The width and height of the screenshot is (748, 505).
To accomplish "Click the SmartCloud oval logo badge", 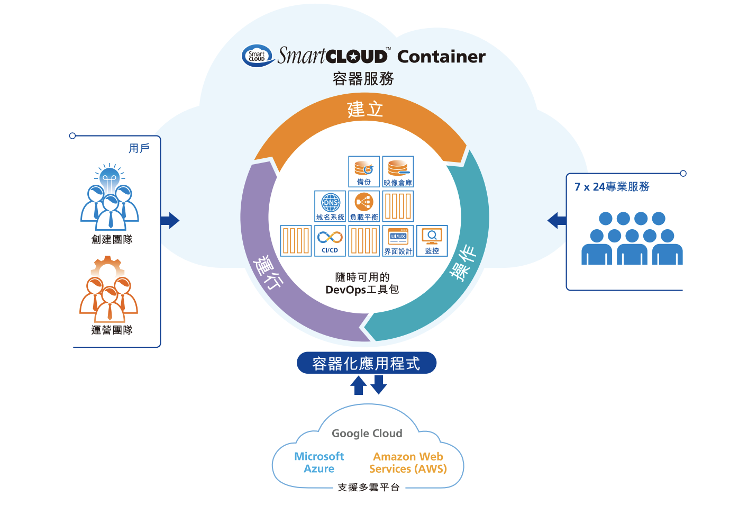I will coord(257,56).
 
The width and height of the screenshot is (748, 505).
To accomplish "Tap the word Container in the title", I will coord(441,57).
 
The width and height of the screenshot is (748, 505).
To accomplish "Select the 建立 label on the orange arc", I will coord(365,110).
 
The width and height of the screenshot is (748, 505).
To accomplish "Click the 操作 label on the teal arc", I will coord(462,263).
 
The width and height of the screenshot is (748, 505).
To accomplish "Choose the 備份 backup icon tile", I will coord(364,172).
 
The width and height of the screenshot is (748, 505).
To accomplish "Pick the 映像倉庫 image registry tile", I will coord(398,172).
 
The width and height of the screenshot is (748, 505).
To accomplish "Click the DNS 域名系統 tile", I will coord(330,206).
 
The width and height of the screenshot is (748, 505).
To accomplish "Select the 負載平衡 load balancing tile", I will coord(364,206).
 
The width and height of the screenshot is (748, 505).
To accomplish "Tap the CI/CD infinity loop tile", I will coord(330,240).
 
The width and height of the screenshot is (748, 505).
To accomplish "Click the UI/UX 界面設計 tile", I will coord(398,240).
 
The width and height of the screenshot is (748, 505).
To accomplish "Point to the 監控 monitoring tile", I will coord(432,240).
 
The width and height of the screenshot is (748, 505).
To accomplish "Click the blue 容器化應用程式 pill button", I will coord(366,363).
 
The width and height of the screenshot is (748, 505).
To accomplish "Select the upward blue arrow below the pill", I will coord(359,385).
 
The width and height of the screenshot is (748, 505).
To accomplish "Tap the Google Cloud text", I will coord(367,434).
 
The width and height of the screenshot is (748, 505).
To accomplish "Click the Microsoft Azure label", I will coord(319,463).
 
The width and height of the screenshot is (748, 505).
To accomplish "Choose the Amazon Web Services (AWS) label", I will coord(408,463).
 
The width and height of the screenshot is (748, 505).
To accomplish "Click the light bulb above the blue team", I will coord(110,177).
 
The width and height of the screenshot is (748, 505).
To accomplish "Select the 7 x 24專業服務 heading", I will coord(612,187).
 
